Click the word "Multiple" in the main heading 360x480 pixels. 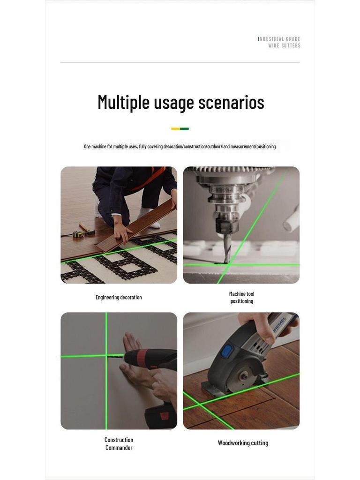pos(123,102)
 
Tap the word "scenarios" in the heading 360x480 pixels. pos(231,103)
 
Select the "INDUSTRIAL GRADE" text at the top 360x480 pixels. pos(279,39)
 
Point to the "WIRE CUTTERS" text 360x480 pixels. pos(285,45)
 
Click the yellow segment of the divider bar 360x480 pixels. pos(175,129)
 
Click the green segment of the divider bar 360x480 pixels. pos(184,129)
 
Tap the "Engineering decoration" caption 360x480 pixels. pos(119,297)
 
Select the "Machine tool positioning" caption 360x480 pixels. pos(241,297)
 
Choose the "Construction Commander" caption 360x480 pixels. pos(119,443)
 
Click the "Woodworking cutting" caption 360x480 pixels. pos(243,443)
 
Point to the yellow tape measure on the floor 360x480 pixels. pos(78,234)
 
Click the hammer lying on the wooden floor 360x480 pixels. pos(87,229)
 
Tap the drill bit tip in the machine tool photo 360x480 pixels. pos(227,262)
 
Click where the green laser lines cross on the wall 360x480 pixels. pos(106,356)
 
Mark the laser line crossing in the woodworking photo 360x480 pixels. pos(200,405)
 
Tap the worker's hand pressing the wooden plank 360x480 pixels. pos(122,232)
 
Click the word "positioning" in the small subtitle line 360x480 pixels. pos(266,147)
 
